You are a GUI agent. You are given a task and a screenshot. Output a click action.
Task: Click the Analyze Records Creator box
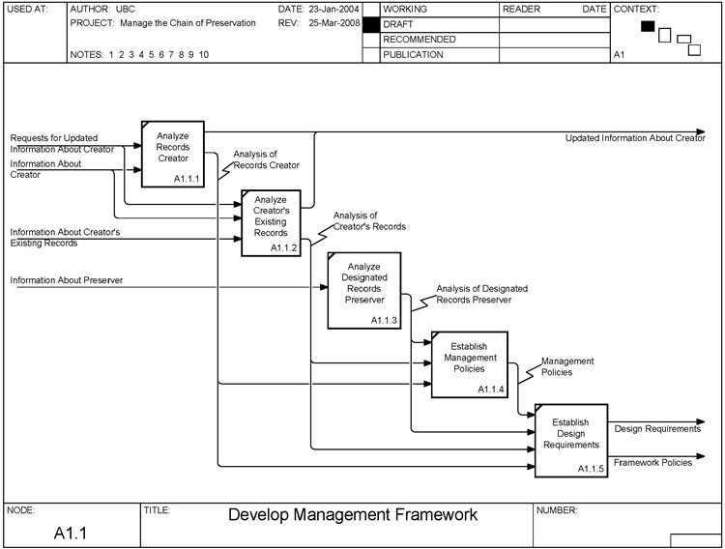174,153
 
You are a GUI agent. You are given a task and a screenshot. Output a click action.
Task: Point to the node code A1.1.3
384,320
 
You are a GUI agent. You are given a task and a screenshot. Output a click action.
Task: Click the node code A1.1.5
591,469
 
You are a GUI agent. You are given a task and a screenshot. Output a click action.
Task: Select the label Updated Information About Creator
635,138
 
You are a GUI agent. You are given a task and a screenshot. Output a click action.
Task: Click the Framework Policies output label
652,463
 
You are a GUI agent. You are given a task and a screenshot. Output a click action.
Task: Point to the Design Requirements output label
656,428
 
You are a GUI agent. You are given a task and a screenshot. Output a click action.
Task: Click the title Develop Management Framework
352,515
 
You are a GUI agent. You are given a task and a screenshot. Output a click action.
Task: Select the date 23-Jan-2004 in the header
332,9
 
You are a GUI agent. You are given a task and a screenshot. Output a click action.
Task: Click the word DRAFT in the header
398,23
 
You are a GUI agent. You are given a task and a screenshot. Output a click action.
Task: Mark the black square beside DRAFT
369,24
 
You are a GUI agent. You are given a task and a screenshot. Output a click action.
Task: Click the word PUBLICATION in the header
413,55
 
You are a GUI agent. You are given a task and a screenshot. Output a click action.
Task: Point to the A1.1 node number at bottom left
71,533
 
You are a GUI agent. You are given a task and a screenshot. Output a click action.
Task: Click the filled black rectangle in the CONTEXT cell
648,26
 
